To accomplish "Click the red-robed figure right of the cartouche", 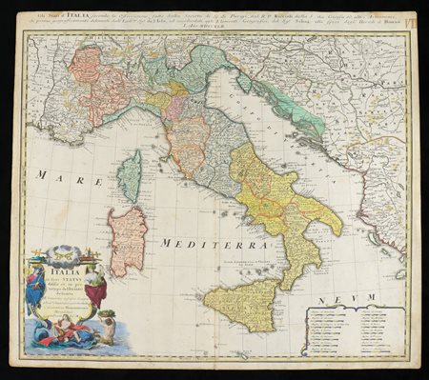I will click(95, 286).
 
